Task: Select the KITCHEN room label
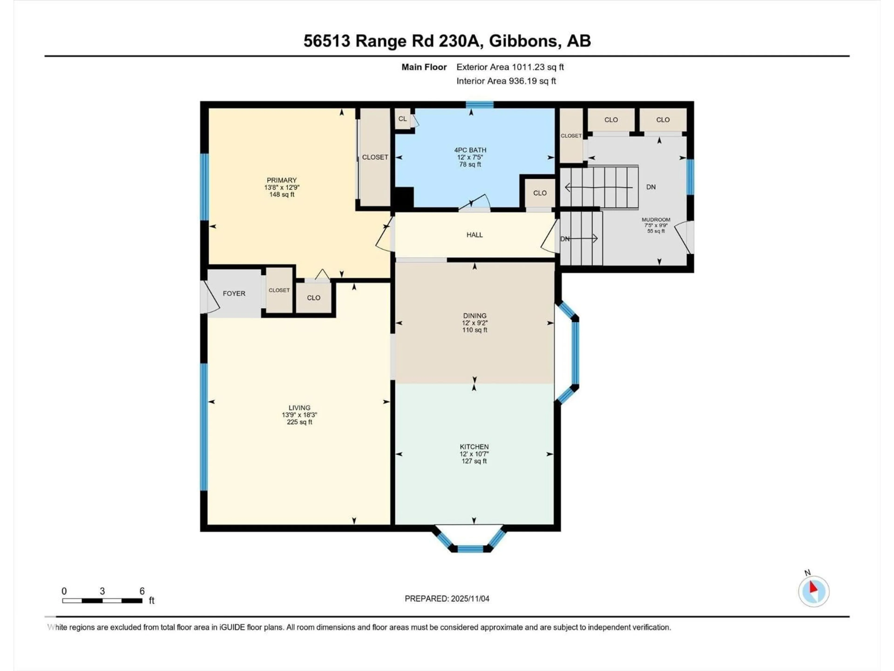pyautogui.click(x=474, y=447)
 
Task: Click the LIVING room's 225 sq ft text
pyautogui.click(x=299, y=422)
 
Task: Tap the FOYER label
pyautogui.click(x=234, y=293)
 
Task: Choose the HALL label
pyautogui.click(x=474, y=235)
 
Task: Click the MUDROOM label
pyautogui.click(x=656, y=220)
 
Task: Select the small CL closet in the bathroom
pyautogui.click(x=403, y=119)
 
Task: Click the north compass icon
pyautogui.click(x=814, y=591)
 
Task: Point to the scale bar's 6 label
pyautogui.click(x=142, y=591)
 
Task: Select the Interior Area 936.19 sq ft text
pyautogui.click(x=506, y=81)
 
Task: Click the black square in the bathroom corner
pyautogui.click(x=403, y=198)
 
